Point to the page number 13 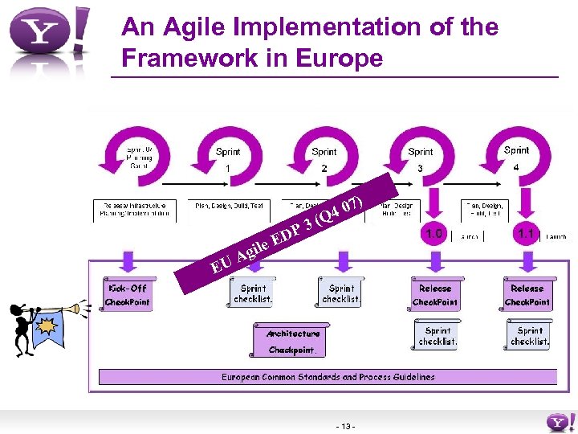click(x=348, y=425)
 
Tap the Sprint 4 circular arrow click(x=516, y=150)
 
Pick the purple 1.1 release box click(x=527, y=234)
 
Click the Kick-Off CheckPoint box click(x=127, y=295)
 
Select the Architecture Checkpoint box click(x=293, y=341)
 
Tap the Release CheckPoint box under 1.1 click(x=527, y=295)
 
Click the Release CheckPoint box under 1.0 click(x=434, y=295)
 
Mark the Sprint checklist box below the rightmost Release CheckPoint click(x=529, y=335)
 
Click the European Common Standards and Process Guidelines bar click(x=328, y=376)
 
